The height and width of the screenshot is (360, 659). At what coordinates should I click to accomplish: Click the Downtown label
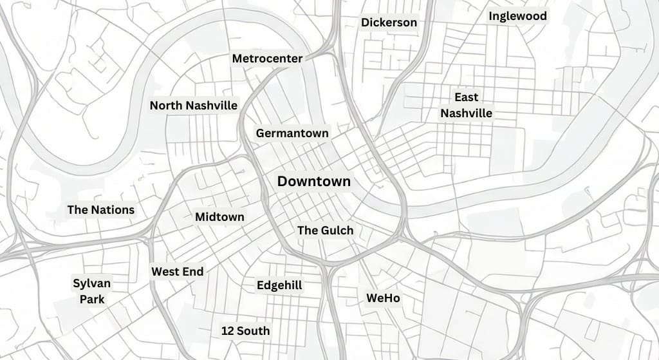tap(314, 182)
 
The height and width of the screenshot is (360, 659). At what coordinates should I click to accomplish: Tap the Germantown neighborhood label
tap(292, 133)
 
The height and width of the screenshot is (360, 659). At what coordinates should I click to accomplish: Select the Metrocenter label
tap(267, 59)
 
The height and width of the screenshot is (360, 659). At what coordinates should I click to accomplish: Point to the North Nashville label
tap(193, 105)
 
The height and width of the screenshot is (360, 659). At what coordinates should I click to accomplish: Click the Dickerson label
tap(389, 23)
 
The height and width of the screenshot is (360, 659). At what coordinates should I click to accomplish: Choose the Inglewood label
tap(517, 16)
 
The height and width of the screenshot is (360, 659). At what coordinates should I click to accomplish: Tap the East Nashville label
tap(466, 105)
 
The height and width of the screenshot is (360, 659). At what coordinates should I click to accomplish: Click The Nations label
tap(101, 209)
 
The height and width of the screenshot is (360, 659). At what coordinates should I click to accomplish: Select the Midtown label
tap(219, 217)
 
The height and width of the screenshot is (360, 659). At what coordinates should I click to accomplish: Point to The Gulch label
tap(325, 230)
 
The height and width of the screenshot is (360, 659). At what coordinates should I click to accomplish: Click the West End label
tap(177, 272)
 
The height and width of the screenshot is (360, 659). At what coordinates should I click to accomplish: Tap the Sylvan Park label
tap(92, 291)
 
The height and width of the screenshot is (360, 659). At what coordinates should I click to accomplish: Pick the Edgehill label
tap(279, 285)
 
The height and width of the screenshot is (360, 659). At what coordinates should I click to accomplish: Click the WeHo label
tap(383, 298)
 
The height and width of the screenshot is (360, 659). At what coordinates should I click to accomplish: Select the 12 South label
tap(245, 331)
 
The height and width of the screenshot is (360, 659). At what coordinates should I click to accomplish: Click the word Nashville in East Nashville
tap(466, 113)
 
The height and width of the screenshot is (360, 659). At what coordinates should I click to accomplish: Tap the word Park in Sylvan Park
tap(92, 299)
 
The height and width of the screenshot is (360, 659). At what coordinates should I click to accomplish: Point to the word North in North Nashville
tap(165, 105)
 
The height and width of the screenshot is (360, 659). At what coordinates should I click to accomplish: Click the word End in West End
tap(192, 272)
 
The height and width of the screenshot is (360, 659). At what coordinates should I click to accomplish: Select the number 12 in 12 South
tap(227, 331)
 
